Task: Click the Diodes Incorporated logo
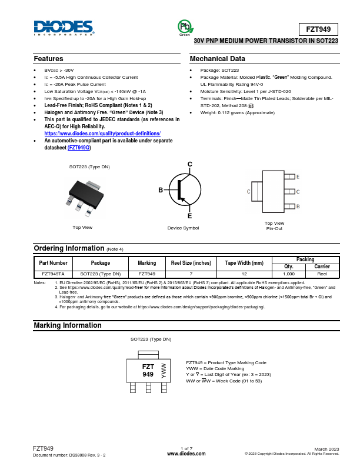64,28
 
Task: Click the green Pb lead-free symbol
185,26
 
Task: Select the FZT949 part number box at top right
319,29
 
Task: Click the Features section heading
49,59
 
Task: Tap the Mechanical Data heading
217,59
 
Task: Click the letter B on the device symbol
160,190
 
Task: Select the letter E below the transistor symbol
189,216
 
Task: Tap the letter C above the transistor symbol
189,164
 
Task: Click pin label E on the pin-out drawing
298,177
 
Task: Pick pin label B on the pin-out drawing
298,207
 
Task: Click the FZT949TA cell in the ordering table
54,274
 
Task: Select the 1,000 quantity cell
289,274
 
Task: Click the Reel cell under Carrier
322,274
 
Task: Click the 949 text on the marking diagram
148,374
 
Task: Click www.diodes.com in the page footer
186,454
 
